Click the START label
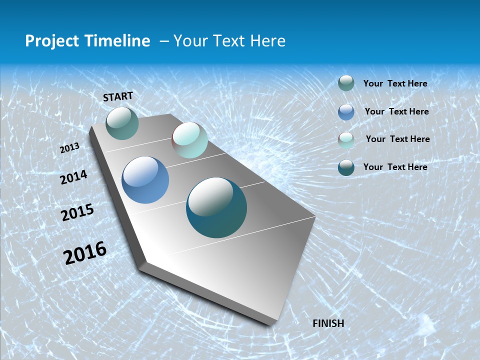(x=118, y=96)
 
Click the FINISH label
(x=328, y=323)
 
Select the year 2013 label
(x=70, y=148)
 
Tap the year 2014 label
(x=73, y=177)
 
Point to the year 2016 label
(x=85, y=252)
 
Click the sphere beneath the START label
(x=122, y=123)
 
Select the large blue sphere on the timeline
(x=145, y=180)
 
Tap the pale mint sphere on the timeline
(x=189, y=140)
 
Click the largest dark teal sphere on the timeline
(x=216, y=207)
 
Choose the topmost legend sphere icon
(x=346, y=83)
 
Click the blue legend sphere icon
(x=346, y=111)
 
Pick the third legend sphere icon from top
(x=346, y=139)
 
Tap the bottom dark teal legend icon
(x=346, y=167)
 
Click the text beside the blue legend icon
(x=396, y=111)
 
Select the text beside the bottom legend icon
(x=395, y=167)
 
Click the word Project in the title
(x=50, y=41)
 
